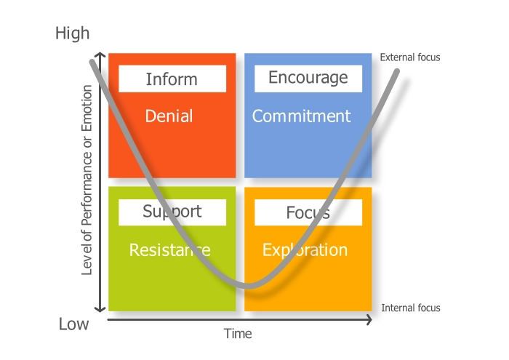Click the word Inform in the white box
[x=172, y=79]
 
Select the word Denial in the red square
[x=169, y=116]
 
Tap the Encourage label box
[x=308, y=78]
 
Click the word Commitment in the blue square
[x=301, y=116]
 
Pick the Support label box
[x=172, y=212]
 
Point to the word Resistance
[x=169, y=250]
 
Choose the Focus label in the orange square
[x=308, y=212]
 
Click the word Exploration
[x=305, y=250]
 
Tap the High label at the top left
[x=73, y=33]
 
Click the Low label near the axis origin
[x=74, y=324]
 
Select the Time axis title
[x=238, y=334]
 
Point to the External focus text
[x=410, y=57]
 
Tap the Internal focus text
[x=411, y=308]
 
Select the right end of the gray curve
[x=398, y=71]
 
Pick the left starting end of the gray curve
[x=92, y=61]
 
